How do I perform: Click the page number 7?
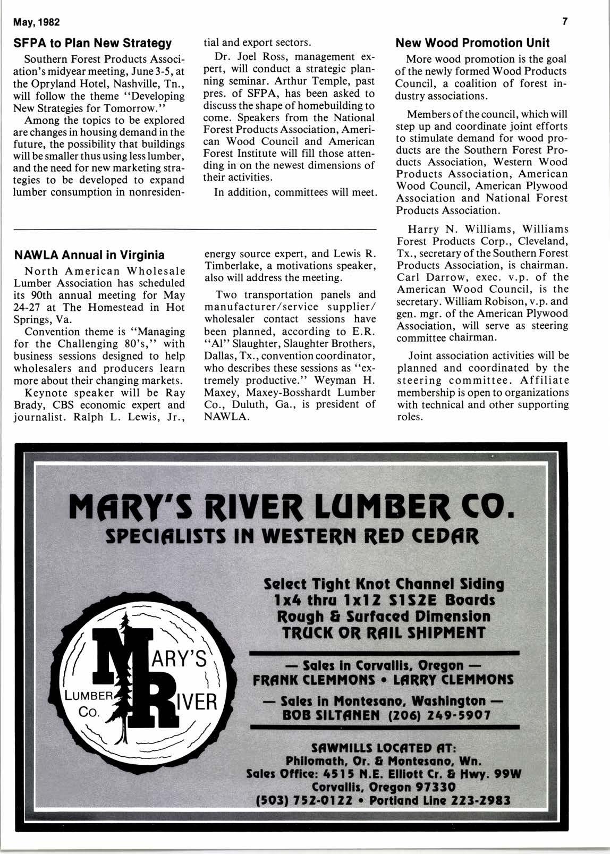565,22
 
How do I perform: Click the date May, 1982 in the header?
37,22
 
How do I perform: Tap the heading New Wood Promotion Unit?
473,43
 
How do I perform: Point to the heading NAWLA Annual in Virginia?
89,255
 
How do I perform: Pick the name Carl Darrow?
422,277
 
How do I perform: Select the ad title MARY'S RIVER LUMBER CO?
293,509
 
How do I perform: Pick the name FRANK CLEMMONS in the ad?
314,680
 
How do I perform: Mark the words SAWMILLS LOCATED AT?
384,747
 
